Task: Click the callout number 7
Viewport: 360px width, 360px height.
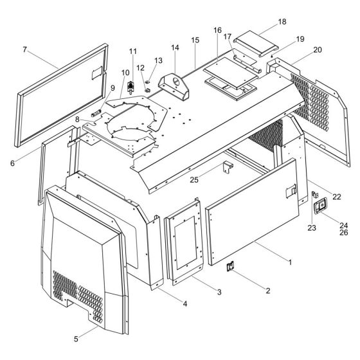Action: [24, 49]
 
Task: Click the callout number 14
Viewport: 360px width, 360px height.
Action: [175, 48]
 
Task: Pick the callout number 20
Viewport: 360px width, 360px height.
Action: [299, 50]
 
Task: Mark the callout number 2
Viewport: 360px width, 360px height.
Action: [267, 291]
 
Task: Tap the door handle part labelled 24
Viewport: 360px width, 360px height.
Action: [319, 207]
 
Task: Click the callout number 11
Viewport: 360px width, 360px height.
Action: [133, 51]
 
